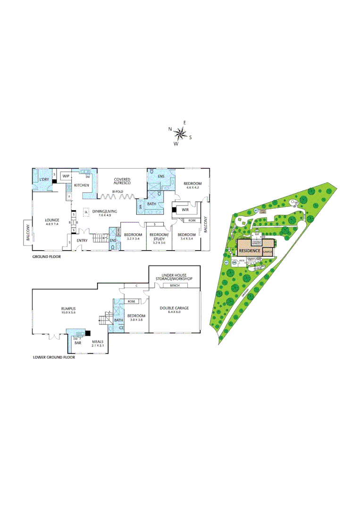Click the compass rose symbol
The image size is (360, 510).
pyautogui.click(x=180, y=132)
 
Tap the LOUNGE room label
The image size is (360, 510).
pyautogui.click(x=51, y=220)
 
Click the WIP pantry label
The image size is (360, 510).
pyautogui.click(x=65, y=176)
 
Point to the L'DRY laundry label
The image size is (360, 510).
pyautogui.click(x=45, y=180)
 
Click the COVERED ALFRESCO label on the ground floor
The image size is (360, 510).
pyautogui.click(x=122, y=180)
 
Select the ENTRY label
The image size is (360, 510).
pyautogui.click(x=82, y=241)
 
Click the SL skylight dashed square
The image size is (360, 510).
pyautogui.click(x=86, y=212)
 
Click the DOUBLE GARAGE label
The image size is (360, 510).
pyautogui.click(x=174, y=308)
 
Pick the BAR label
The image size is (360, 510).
pyautogui.click(x=78, y=343)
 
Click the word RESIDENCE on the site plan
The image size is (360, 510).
pyautogui.click(x=250, y=250)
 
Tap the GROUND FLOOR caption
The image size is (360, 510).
pyautogui.click(x=46, y=257)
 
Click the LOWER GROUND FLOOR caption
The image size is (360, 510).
pyautogui.click(x=54, y=357)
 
